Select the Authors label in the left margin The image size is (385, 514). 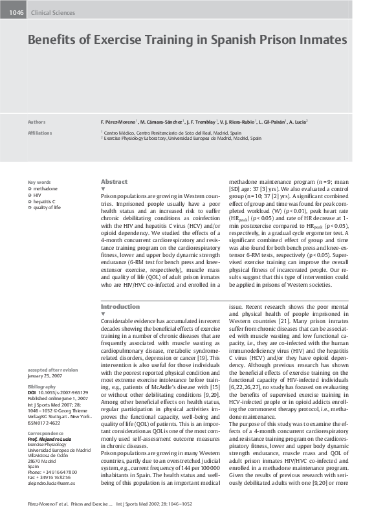pos(37,122)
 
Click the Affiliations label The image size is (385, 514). pos(39,132)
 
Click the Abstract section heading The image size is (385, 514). pos(115,182)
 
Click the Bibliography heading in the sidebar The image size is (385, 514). pos(42,385)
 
